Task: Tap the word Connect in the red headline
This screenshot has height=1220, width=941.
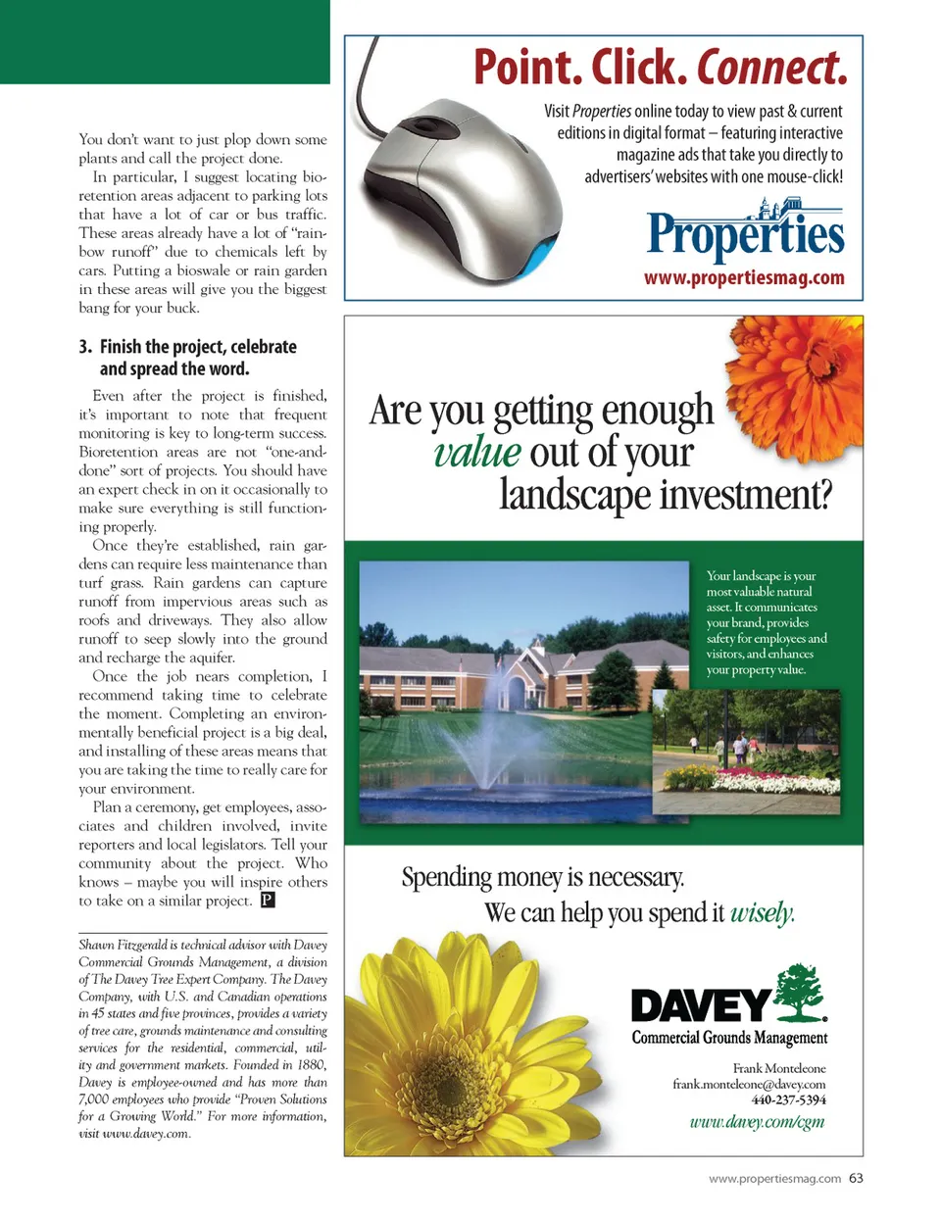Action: click(771, 67)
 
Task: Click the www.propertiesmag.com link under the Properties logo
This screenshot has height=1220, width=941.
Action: click(744, 277)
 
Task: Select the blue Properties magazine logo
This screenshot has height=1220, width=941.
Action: click(745, 232)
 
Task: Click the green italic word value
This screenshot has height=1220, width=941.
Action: click(477, 452)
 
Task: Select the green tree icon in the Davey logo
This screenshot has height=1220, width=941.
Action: click(800, 992)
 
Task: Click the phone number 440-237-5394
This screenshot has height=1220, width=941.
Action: click(788, 1099)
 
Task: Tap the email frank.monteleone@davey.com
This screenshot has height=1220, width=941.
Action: click(749, 1084)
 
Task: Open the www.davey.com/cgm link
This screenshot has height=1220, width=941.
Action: click(757, 1122)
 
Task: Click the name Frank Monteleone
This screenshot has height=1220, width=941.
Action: click(779, 1068)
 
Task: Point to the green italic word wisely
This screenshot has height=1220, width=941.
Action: click(762, 913)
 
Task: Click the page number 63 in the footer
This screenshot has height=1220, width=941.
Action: click(857, 1178)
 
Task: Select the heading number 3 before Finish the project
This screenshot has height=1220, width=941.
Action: click(85, 347)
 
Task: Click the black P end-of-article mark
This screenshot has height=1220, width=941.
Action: click(268, 900)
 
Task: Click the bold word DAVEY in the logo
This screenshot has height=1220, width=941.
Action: click(700, 1006)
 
